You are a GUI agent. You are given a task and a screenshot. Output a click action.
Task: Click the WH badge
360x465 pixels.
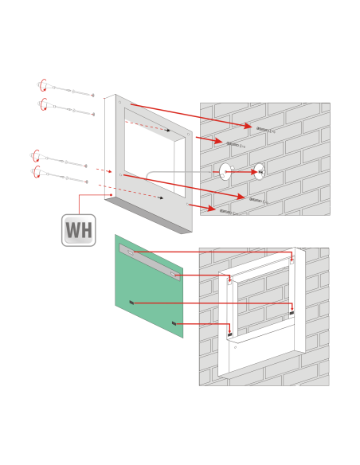[x=79, y=230]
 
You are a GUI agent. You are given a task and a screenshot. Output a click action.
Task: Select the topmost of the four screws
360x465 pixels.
[x=65, y=88]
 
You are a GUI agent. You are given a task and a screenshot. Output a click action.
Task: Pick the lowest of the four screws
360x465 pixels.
[x=59, y=175]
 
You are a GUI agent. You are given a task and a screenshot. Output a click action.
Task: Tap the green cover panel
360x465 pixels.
[x=149, y=286]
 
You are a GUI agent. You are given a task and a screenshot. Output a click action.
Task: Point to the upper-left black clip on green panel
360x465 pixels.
[x=131, y=303]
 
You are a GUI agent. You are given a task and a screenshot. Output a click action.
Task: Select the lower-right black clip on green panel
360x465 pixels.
[x=174, y=323]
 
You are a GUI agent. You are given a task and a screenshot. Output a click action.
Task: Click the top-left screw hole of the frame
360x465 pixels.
[x=119, y=102]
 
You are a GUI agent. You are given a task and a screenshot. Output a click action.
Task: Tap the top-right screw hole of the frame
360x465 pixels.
[x=188, y=135]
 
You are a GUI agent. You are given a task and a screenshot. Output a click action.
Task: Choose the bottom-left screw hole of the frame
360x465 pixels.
[x=120, y=175]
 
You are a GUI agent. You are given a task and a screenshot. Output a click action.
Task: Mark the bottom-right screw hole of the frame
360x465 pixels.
[x=187, y=204]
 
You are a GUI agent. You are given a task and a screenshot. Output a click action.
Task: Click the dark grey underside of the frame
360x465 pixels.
[x=148, y=216]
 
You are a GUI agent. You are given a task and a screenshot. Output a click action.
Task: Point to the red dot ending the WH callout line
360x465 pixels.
[x=111, y=195]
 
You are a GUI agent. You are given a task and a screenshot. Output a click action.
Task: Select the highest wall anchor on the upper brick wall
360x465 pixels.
[x=266, y=130]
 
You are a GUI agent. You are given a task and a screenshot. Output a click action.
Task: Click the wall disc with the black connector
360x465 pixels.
[x=259, y=172]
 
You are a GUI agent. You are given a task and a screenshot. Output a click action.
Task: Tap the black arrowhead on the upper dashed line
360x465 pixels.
[x=168, y=131]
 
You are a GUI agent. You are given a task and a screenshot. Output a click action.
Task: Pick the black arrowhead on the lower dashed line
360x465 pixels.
[x=161, y=197]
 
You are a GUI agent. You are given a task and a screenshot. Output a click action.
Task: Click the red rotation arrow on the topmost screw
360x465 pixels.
[x=42, y=85]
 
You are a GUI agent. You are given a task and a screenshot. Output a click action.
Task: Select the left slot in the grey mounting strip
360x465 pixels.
[x=131, y=252]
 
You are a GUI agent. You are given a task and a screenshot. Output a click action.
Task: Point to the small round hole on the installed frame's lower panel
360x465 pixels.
[x=236, y=347]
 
